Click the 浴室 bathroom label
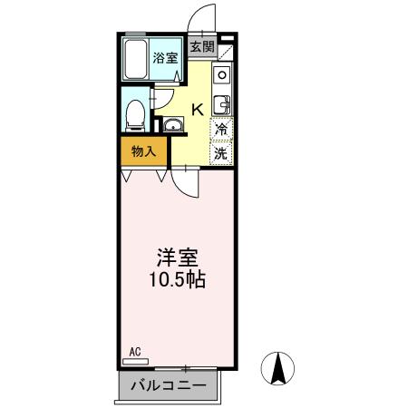[x=166, y=56]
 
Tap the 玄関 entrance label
[x=201, y=46]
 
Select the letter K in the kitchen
[x=197, y=111]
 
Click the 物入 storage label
[x=143, y=151]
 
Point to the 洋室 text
[x=177, y=258]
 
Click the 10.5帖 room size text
[x=177, y=280]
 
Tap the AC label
[x=134, y=351]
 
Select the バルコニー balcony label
[x=168, y=387]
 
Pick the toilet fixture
[x=134, y=113]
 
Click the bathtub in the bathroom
[x=136, y=61]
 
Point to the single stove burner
[x=222, y=74]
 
